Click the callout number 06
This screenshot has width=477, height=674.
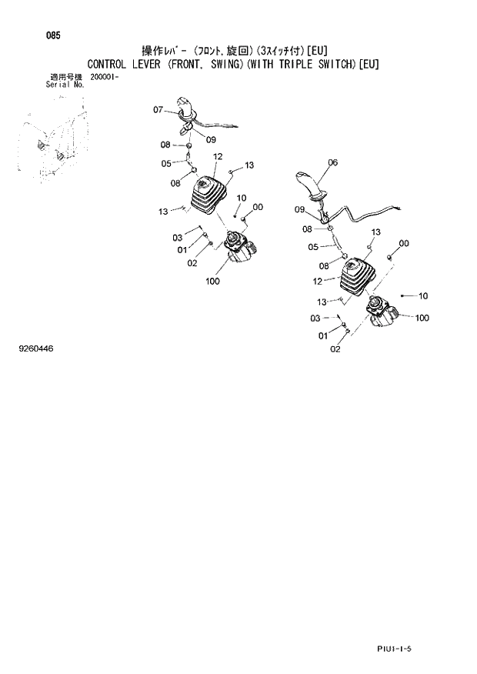point(332,162)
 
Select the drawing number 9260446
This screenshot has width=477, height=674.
point(36,349)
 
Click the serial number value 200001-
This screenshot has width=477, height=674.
point(105,78)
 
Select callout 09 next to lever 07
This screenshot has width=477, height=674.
point(211,139)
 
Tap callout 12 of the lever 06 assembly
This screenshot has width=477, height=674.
point(318,281)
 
